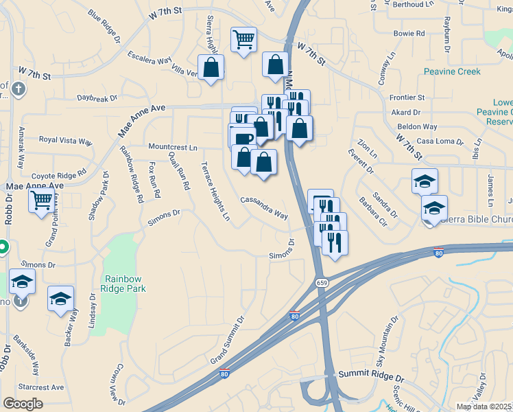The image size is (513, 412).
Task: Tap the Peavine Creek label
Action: coord(452,71)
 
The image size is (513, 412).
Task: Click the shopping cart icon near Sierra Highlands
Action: coord(243,40)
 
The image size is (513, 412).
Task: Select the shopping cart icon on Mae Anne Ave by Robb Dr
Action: coord(42,201)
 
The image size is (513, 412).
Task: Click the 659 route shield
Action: coord(321,283)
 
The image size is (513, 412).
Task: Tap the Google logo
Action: coord(23,403)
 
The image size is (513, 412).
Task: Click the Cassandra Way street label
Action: coord(264,207)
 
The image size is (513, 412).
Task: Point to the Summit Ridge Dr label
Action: coord(372,378)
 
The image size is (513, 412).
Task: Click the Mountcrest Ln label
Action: coord(173,147)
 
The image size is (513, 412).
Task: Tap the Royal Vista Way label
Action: coord(65,140)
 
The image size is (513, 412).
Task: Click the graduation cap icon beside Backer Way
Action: coord(60,297)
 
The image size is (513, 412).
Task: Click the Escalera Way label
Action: coord(145,60)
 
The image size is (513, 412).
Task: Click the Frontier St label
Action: coord(407,98)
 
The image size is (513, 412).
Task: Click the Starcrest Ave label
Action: coord(41,387)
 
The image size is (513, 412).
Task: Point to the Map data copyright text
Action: coord(484,407)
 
